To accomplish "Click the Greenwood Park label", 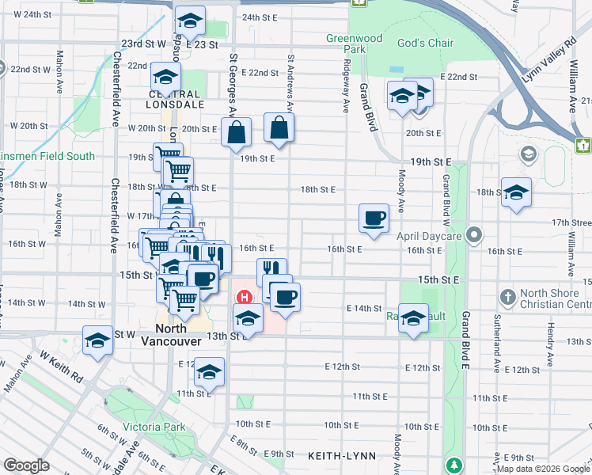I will (x=354, y=44).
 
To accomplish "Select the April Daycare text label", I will (x=430, y=235).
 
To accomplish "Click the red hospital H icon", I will (x=245, y=298).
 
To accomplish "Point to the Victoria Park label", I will (x=154, y=427).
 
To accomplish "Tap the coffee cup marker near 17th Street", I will (x=374, y=217).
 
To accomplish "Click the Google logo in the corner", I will (x=26, y=465).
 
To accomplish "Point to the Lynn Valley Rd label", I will (x=548, y=61).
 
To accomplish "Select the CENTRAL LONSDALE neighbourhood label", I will (x=165, y=99).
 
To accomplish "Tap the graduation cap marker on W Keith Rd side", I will (x=98, y=341).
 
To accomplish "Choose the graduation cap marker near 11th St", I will (x=209, y=370).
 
